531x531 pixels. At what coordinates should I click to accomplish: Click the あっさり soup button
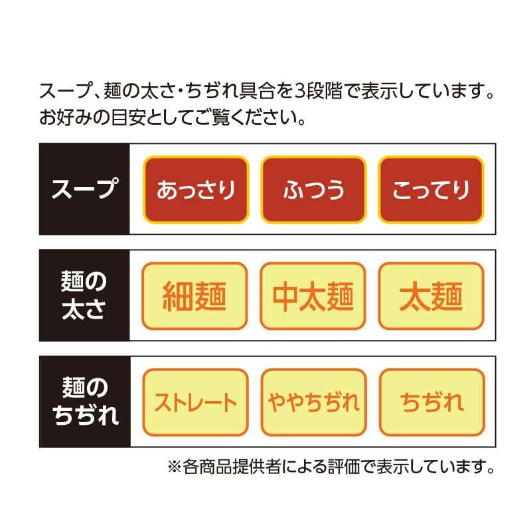pos(196,190)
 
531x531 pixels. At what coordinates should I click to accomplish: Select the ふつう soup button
pos(313,190)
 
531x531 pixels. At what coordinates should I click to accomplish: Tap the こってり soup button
pos(431,190)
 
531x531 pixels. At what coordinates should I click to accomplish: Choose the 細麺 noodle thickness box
pos(194,296)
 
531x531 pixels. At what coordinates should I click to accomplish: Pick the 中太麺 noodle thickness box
pos(313,296)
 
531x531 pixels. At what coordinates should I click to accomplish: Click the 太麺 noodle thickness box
pos(431,296)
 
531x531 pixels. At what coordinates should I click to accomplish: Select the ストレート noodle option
pos(195,402)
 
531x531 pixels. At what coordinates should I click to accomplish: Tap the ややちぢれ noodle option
pos(313,402)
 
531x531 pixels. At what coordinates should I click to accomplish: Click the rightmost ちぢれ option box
pos(432,402)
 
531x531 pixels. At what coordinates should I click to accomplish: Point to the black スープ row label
pos(84,189)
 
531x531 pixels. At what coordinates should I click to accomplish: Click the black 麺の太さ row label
pos(84,295)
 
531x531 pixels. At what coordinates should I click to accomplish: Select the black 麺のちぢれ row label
pos(85,402)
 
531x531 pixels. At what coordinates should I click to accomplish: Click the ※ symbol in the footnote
pos(175,467)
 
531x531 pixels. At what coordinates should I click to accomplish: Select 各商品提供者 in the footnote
pos(232,467)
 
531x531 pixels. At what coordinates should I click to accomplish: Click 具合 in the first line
pos(257,91)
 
